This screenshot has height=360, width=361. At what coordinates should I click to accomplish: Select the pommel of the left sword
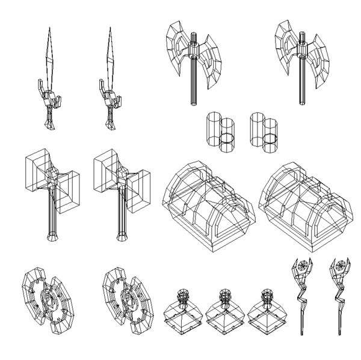point(51,126)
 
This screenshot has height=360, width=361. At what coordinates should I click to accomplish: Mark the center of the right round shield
point(128,297)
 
